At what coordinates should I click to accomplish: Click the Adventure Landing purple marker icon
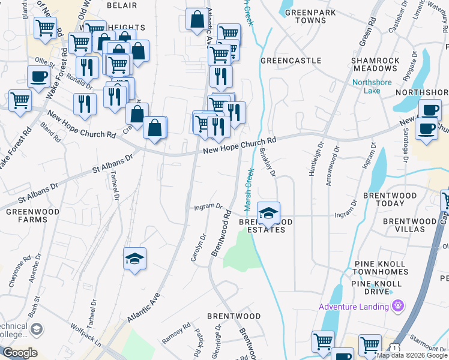[397, 307]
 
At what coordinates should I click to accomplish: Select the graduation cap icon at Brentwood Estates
[268, 212]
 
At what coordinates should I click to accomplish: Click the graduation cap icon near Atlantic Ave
[134, 258]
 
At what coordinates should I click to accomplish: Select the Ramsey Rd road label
[176, 334]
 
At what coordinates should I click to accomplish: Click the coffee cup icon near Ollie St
[39, 77]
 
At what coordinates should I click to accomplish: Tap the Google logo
[19, 353]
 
